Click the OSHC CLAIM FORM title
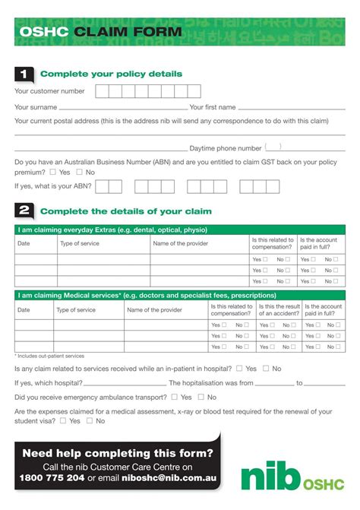[101, 33]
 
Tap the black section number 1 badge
[24, 74]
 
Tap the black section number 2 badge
[24, 211]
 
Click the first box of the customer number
[102, 91]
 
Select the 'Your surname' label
[36, 107]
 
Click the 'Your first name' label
[213, 107]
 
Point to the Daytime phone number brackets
[273, 147]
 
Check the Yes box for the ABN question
[52, 173]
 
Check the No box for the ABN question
[80, 173]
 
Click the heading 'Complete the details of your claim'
[125, 211]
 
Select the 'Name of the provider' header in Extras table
[182, 243]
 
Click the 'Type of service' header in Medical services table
[76, 310]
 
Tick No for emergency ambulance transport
[202, 397]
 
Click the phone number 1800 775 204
[52, 478]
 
